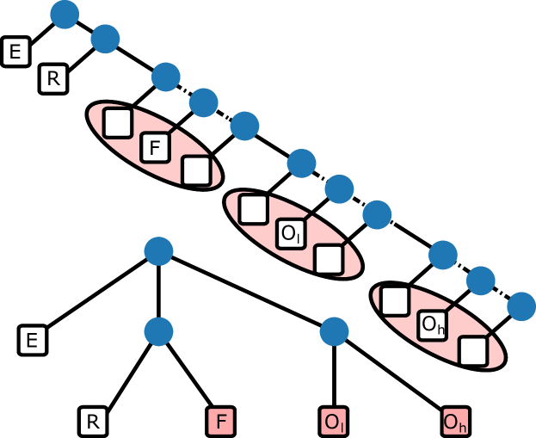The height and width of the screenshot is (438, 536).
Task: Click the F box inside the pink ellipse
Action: click(156, 148)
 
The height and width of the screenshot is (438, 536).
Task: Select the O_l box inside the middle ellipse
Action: click(290, 234)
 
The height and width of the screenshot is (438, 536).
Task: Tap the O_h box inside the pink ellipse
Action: click(432, 325)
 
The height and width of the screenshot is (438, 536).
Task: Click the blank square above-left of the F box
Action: click(117, 123)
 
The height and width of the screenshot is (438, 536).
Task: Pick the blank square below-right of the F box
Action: click(196, 170)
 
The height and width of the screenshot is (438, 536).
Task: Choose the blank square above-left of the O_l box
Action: click(253, 209)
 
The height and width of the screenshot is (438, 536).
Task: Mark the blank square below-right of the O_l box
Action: click(329, 259)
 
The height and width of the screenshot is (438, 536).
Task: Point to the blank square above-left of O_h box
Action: click(394, 301)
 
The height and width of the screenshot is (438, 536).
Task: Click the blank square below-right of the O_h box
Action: click(472, 350)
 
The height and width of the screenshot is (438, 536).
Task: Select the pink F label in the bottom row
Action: click(221, 423)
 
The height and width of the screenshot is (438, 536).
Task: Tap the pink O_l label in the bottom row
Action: click(333, 423)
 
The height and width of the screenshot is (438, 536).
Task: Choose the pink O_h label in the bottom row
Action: click(454, 423)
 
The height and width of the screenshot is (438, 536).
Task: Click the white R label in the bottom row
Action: click(93, 423)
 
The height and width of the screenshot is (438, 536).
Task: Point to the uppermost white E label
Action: click(15, 52)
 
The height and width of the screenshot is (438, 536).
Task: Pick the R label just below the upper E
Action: click(53, 79)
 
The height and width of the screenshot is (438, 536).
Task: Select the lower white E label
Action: click(32, 341)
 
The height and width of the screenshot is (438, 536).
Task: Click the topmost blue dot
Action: click(65, 14)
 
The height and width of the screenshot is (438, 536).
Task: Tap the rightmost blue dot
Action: click(521, 306)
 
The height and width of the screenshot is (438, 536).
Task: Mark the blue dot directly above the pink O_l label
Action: click(334, 331)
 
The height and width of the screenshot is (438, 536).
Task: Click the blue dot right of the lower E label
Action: click(158, 331)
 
